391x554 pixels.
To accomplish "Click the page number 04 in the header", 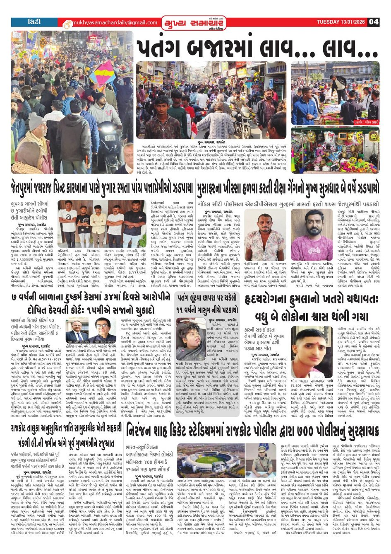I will point(374,22).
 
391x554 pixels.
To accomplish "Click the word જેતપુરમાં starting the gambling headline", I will point(29,188).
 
